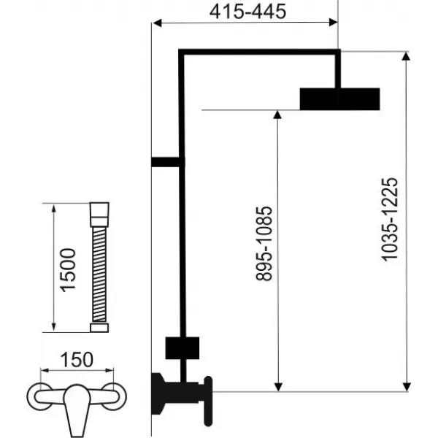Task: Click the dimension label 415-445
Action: pyautogui.click(x=245, y=12)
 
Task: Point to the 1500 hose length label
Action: pyautogui.click(x=68, y=269)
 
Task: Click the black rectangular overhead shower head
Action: pyautogui.click(x=339, y=99)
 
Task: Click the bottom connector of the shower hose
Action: pyautogui.click(x=97, y=328)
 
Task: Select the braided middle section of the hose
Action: pyautogui.click(x=97, y=271)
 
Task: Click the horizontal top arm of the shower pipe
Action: pyautogui.click(x=259, y=52)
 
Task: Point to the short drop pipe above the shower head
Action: pyautogui.click(x=339, y=70)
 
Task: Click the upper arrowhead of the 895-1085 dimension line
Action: pyautogui.click(x=277, y=115)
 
